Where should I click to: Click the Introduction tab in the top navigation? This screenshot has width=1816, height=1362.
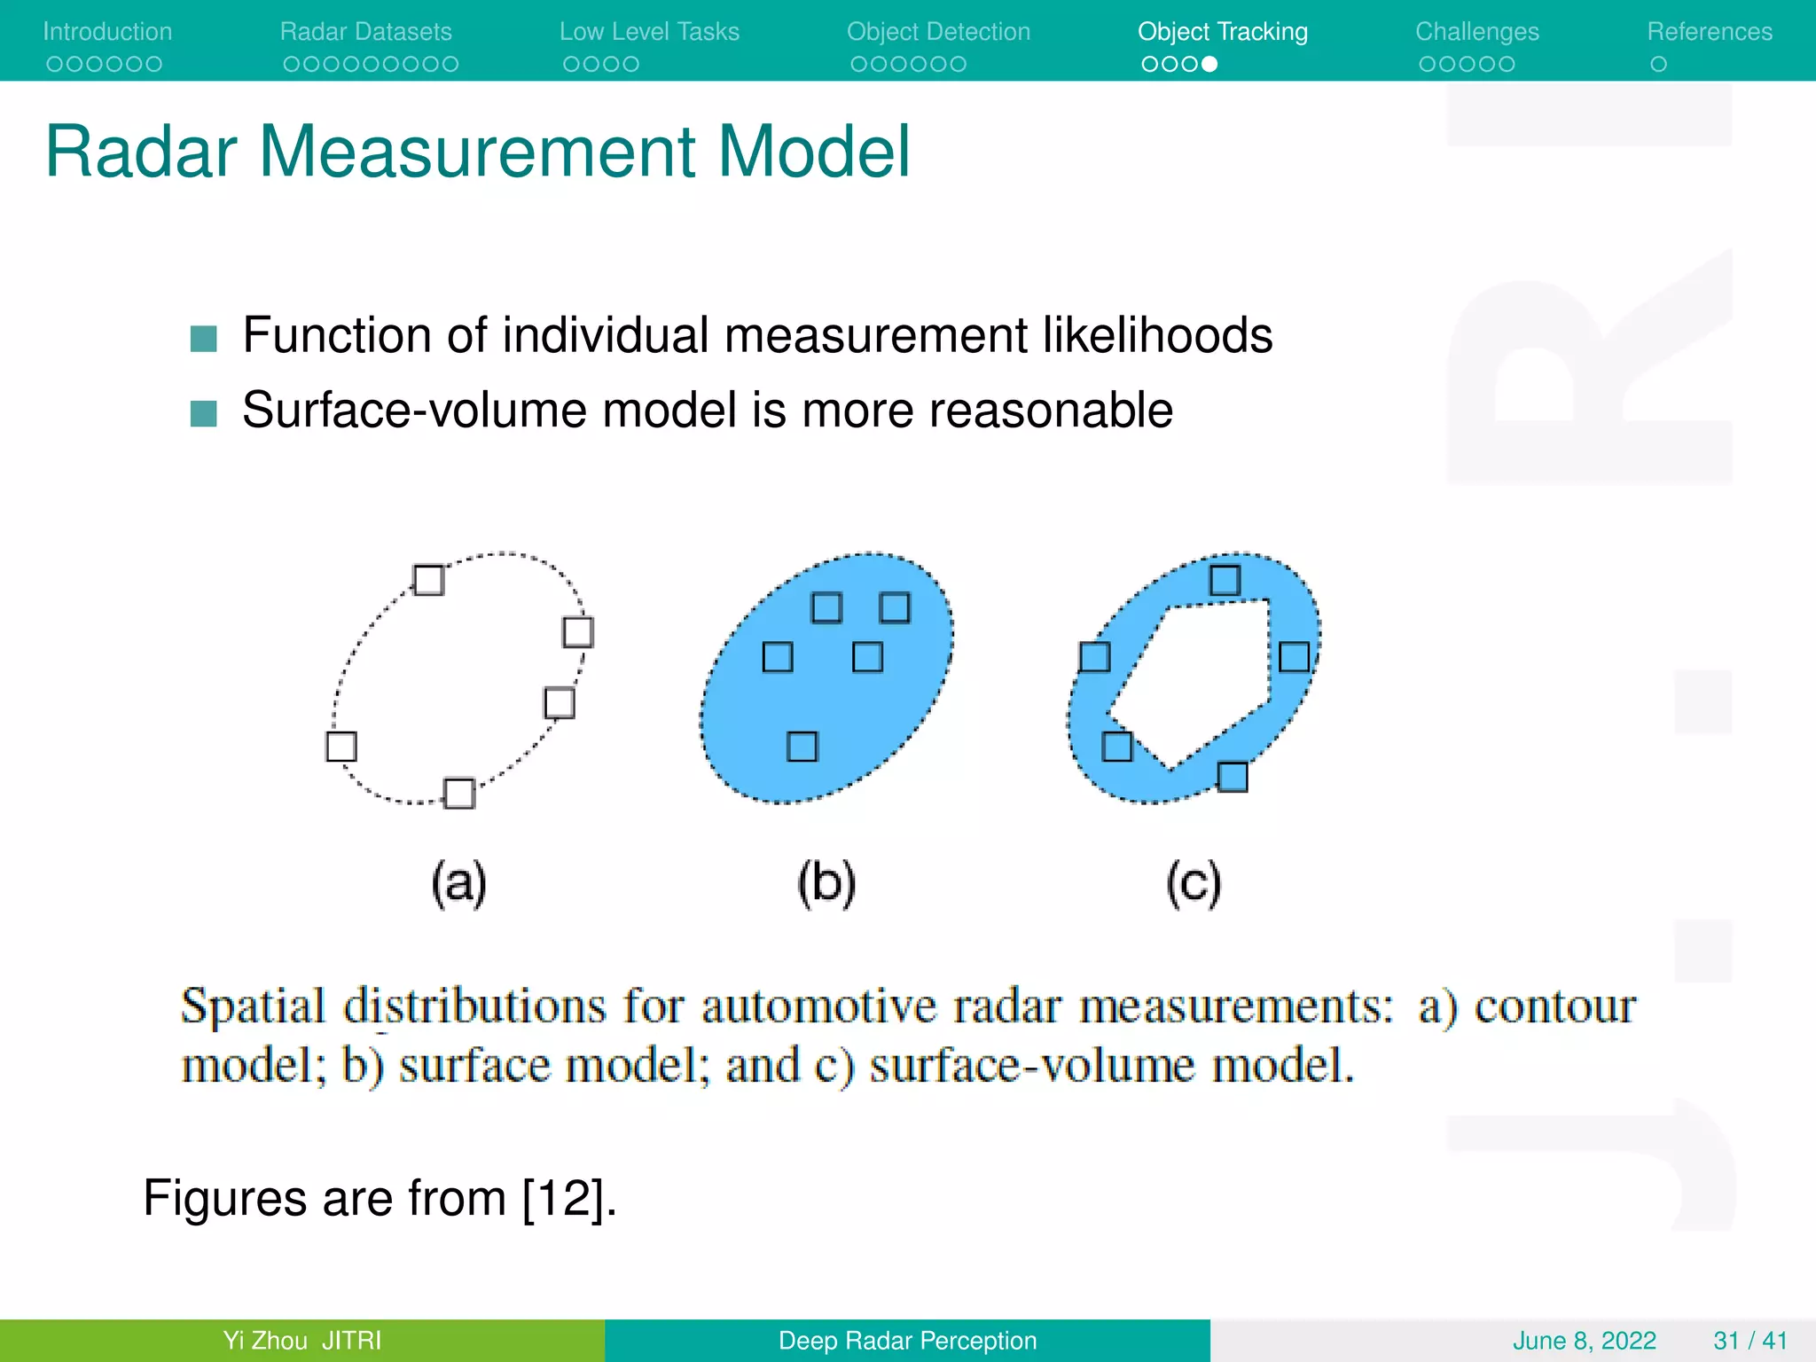[x=107, y=32]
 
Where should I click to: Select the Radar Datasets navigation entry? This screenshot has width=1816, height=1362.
[x=365, y=32]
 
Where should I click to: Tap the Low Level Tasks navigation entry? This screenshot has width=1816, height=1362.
[x=649, y=32]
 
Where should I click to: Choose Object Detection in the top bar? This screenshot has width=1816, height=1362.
[x=938, y=32]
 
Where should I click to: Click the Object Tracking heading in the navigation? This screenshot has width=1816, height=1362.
[x=1222, y=32]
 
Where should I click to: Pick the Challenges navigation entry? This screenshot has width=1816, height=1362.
[x=1476, y=32]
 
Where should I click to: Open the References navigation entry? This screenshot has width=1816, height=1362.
[x=1709, y=32]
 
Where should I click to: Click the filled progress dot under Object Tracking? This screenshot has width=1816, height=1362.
[x=1209, y=64]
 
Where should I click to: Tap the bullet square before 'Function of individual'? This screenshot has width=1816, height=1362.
[x=204, y=339]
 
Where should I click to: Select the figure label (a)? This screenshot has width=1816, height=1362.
[x=458, y=882]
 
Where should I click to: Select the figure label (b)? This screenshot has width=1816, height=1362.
[x=826, y=882]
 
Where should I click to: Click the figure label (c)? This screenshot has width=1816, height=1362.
[x=1193, y=882]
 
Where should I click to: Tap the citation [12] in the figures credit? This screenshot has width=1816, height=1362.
[x=564, y=1199]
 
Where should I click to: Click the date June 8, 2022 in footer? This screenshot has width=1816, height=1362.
[x=1584, y=1340]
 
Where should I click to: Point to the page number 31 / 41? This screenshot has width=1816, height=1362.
[x=1749, y=1340]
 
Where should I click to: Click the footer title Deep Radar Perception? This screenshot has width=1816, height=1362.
[x=907, y=1340]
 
